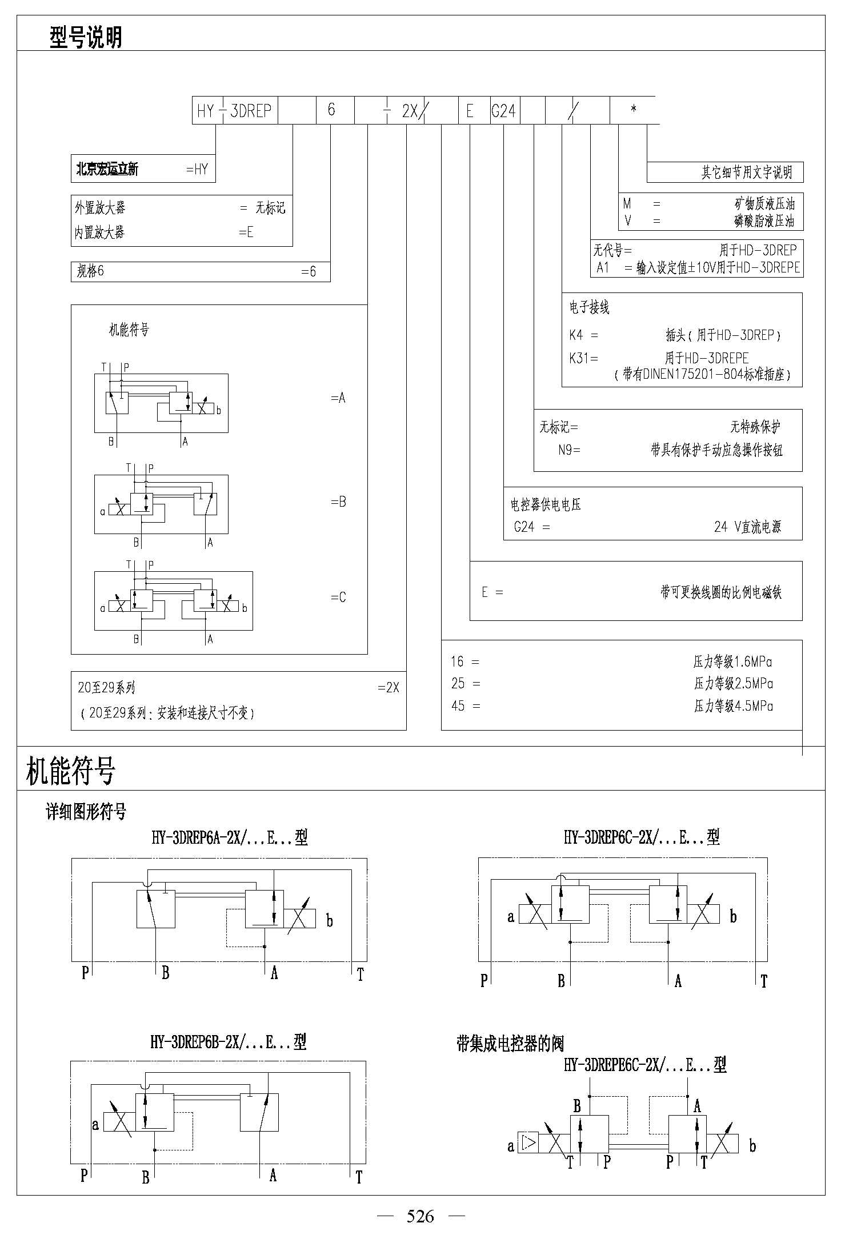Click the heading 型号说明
(x=86, y=37)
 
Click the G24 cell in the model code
(x=503, y=111)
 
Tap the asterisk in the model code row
(x=633, y=109)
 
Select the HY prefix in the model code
(x=205, y=111)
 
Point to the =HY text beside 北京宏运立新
(x=198, y=169)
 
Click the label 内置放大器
(x=99, y=232)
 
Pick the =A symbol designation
(x=338, y=398)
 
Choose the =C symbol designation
(x=338, y=598)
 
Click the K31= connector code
(x=583, y=358)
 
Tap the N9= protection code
(x=569, y=450)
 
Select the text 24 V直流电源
(x=747, y=527)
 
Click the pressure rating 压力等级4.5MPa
(x=733, y=706)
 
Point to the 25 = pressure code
(x=466, y=684)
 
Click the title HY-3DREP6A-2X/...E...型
(x=230, y=837)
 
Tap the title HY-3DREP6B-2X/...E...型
(x=229, y=1042)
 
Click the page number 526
(x=421, y=1217)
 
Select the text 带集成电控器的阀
(x=510, y=1044)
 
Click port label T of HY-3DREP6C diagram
(x=764, y=981)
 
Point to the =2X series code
(x=389, y=688)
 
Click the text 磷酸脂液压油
(x=764, y=221)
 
